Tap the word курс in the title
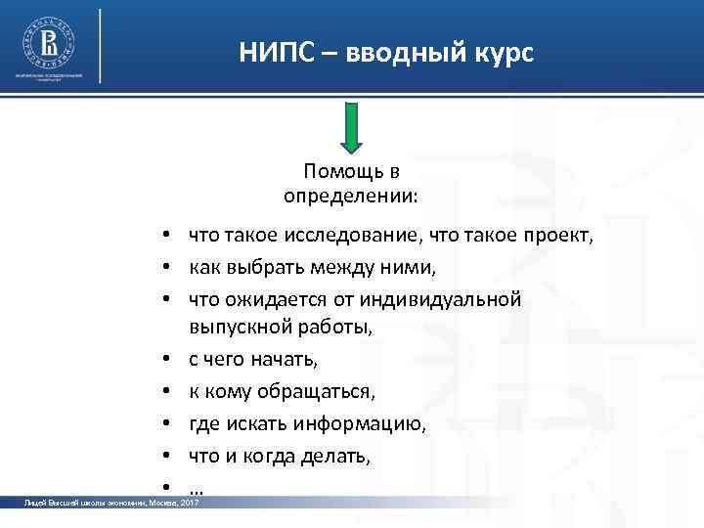tap(505, 53)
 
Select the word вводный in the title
tap(407, 53)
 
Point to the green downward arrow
tap(351, 128)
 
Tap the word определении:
tap(350, 196)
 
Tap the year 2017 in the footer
tap(189, 503)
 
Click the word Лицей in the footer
tap(35, 503)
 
